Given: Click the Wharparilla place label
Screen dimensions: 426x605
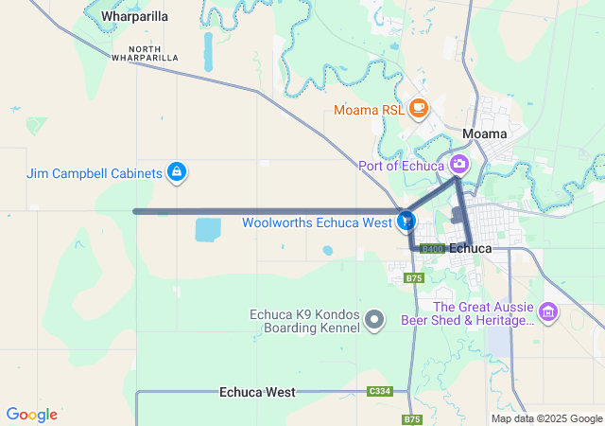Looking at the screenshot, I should click(134, 17).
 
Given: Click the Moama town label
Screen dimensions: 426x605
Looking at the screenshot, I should click(486, 133).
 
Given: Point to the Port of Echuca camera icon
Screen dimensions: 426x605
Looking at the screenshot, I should click(458, 164).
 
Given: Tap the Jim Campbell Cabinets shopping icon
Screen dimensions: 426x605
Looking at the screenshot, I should click(176, 172).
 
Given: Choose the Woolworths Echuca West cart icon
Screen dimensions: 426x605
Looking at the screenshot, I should click(406, 221).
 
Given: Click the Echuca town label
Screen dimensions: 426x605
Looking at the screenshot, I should click(470, 248).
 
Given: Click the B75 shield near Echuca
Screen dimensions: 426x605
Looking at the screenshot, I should click(413, 278).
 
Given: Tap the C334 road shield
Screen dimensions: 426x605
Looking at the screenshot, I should click(380, 391).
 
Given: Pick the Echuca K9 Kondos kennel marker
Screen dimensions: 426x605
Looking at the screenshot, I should click(375, 320).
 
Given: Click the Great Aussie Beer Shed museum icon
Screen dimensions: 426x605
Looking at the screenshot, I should click(547, 311).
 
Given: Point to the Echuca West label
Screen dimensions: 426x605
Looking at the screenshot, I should click(257, 391).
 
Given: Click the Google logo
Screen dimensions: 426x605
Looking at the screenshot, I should click(31, 415).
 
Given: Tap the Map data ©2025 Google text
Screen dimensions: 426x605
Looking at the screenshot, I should click(546, 418).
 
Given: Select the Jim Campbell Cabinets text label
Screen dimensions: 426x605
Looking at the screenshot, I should click(92, 172).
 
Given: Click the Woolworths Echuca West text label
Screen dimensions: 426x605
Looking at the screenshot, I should click(317, 223).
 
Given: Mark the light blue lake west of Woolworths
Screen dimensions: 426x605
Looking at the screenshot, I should click(207, 229).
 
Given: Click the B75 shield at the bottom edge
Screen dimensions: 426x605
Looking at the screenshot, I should click(411, 419).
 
